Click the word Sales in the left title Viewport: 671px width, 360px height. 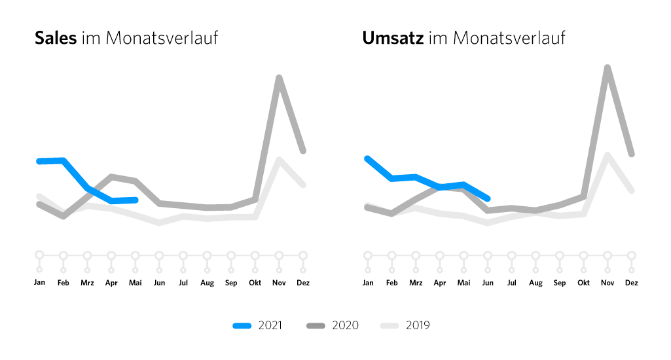[56, 38]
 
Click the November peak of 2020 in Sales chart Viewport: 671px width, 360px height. [279, 79]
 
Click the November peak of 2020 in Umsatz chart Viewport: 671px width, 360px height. [608, 67]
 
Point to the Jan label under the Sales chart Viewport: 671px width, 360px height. [39, 283]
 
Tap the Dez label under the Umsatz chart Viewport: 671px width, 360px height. [632, 283]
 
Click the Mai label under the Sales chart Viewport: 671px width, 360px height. [135, 283]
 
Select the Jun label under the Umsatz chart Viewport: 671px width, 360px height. [488, 283]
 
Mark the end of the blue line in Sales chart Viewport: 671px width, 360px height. [135, 199]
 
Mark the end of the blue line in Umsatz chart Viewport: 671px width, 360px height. [488, 198]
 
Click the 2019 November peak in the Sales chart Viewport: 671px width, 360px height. [279, 160]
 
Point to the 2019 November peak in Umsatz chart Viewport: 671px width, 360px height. [608, 155]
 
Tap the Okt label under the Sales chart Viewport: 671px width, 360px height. [255, 283]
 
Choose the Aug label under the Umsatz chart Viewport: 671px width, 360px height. [535, 283]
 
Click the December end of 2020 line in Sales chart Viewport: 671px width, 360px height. [303, 151]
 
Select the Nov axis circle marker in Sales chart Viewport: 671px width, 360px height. [279, 255]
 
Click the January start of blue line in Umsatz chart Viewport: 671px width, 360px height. [367, 158]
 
